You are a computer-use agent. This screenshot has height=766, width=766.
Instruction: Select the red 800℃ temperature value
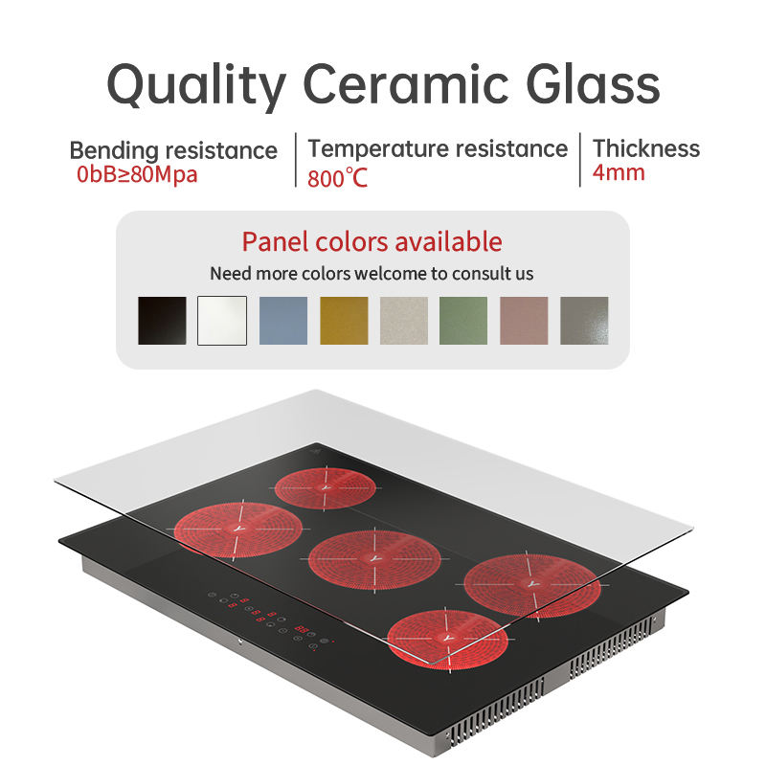coord(337,178)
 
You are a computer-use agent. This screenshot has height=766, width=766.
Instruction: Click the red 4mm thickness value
coord(619,173)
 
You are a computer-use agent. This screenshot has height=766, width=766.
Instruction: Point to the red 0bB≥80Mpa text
coord(137,175)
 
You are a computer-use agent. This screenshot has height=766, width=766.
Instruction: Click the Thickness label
coord(646,148)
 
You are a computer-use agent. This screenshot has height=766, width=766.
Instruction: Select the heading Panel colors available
coord(372,241)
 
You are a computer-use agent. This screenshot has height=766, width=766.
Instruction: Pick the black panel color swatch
coord(162,321)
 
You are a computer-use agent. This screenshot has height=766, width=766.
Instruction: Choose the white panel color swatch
coord(222,321)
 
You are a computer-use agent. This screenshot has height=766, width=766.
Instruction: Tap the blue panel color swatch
coord(283,321)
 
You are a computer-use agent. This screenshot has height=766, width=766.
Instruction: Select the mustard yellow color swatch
coord(344,321)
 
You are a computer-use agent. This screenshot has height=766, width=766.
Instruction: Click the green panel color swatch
coord(463,321)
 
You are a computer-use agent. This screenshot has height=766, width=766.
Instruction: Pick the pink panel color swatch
coord(525,321)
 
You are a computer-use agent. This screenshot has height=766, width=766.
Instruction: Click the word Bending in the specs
coord(114,151)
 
